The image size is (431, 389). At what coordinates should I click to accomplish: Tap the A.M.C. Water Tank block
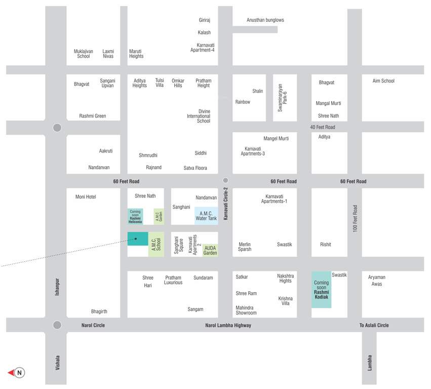coord(206,216)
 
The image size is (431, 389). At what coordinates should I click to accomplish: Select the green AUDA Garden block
coord(210,250)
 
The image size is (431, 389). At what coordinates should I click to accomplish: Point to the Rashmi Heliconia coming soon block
coord(135,216)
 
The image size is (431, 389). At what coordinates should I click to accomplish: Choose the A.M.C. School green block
coord(156,244)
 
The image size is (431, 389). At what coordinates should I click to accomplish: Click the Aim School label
coord(383,81)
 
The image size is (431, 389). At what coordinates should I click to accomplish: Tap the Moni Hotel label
coord(86,197)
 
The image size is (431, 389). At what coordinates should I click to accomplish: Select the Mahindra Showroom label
coord(246,310)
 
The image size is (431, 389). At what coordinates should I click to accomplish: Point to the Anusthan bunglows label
coord(265,20)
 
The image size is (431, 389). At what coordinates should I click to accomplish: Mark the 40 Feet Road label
coord(323,127)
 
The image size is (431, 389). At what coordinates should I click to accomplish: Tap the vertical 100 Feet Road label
coord(355,219)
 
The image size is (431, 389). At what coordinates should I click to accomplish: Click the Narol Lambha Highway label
coord(228,325)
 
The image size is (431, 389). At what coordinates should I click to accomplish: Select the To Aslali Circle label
coord(374,325)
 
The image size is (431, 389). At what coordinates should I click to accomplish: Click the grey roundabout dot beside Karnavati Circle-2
coord(225,180)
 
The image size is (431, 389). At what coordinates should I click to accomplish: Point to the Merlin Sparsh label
coord(245,247)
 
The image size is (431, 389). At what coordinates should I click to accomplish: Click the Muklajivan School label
coord(84,54)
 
